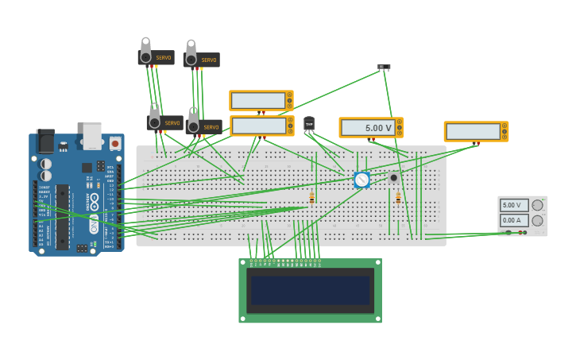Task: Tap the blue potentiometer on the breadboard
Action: point(361,180)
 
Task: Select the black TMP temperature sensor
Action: point(309,124)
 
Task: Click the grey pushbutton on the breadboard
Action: point(393,177)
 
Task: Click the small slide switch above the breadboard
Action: point(384,68)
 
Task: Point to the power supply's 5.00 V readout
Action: point(514,205)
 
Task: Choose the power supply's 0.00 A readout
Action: point(514,220)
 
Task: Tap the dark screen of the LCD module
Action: point(310,290)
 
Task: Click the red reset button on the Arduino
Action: point(115,144)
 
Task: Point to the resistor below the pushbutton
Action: point(398,198)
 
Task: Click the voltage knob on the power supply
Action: point(537,205)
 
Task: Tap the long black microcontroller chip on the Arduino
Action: point(62,216)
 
